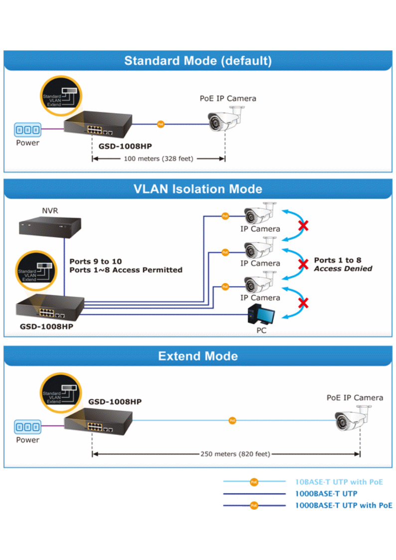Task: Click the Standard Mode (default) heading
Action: coord(198,61)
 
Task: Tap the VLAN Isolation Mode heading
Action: coord(198,189)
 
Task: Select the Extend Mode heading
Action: coord(198,356)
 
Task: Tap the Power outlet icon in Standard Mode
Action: coord(27,130)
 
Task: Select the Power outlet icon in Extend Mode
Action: coord(27,427)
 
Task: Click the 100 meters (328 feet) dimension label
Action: coord(159,159)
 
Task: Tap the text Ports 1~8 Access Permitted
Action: coord(126,270)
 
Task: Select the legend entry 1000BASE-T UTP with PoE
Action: coord(344,505)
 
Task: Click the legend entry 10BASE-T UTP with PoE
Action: coord(339,482)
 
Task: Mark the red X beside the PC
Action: coord(303,303)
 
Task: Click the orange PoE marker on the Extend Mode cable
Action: coord(232,421)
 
